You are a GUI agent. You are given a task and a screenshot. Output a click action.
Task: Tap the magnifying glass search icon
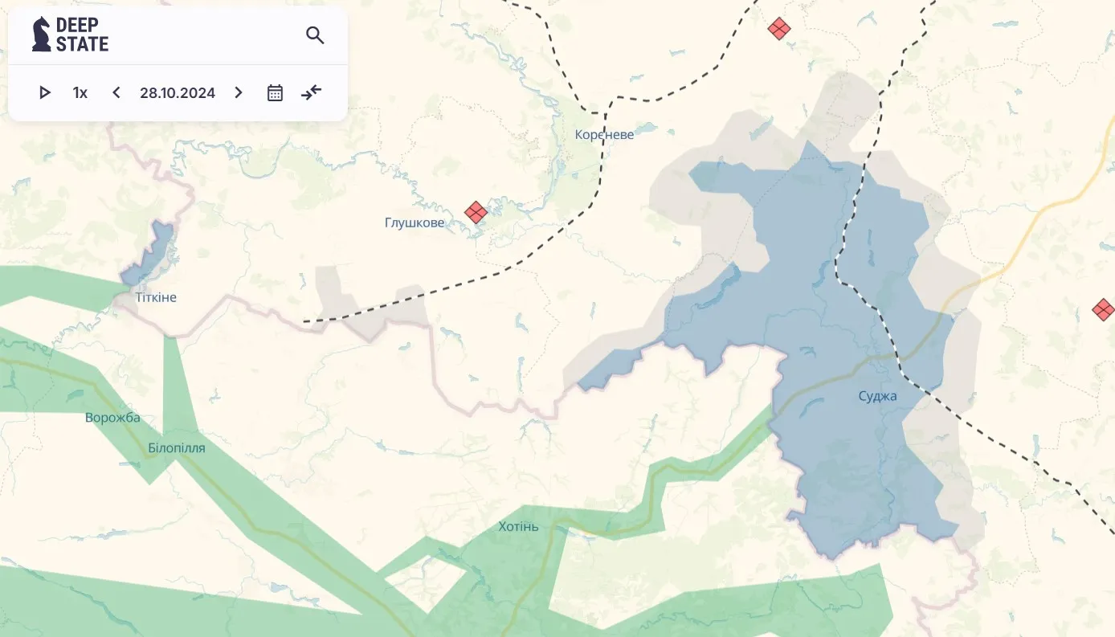[315, 35]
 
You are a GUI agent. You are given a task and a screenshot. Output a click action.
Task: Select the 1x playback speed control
[80, 92]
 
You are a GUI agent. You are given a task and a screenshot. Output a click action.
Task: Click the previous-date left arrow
[116, 92]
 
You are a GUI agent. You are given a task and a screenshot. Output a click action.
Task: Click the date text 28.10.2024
[178, 92]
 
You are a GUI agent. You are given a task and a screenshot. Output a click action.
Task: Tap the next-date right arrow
[238, 92]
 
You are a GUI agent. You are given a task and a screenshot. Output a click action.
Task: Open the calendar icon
[275, 92]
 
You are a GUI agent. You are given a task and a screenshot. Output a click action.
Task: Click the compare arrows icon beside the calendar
[311, 92]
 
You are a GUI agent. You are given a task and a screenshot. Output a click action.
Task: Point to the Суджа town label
[877, 396]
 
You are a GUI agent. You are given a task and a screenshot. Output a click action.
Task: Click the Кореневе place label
[604, 134]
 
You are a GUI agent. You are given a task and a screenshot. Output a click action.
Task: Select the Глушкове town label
[414, 223]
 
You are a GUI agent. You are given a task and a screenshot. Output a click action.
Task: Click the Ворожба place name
[112, 418]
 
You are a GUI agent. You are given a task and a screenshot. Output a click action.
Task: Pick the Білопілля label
[177, 448]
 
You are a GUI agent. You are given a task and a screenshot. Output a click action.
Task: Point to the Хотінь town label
[518, 527]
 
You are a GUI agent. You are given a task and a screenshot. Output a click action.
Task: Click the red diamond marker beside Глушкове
[476, 212]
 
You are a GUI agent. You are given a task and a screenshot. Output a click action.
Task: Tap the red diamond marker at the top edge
[778, 29]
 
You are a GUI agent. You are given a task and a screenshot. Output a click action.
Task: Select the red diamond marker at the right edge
[1104, 309]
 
